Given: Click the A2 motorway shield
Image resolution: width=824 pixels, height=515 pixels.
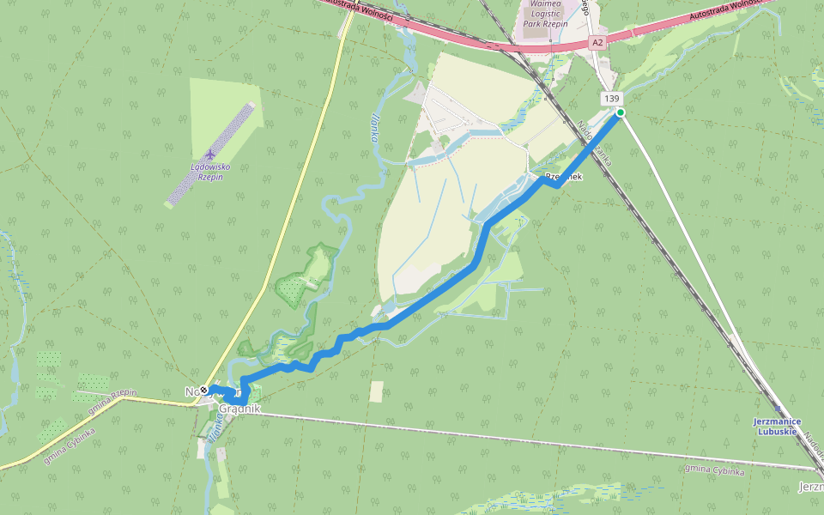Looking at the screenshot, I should point(597,41).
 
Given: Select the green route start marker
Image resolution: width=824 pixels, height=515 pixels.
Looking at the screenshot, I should point(620,112).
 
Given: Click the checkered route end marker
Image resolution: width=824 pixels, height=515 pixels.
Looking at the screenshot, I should point(204,389).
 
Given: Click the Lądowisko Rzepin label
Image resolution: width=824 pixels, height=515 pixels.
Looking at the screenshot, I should point(205,172).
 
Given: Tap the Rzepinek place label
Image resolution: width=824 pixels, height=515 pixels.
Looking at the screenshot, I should point(562,176).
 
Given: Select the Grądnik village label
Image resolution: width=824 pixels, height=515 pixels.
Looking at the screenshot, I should point(239,409).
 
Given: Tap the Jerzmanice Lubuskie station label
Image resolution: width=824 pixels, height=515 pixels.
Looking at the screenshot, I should point(777,426).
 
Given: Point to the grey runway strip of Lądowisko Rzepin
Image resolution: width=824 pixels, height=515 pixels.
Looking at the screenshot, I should point(210,154).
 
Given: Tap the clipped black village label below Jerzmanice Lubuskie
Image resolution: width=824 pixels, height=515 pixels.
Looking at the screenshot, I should point(810,487).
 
